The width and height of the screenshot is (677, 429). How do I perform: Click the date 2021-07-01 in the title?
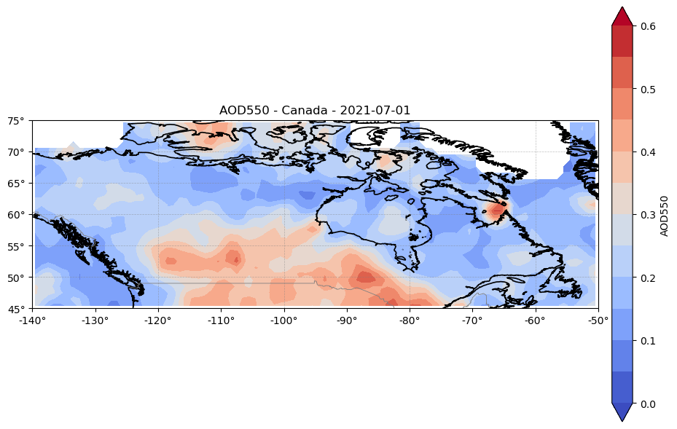[375, 111]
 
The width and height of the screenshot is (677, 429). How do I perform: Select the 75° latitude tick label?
[16, 121]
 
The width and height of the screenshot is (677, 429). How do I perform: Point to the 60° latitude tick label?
[16, 214]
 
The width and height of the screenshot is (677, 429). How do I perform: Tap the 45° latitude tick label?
[16, 309]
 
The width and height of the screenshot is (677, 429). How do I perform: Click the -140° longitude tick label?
[32, 320]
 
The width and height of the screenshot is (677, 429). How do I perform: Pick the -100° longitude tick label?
[284, 320]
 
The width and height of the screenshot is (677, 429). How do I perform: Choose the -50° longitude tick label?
[598, 320]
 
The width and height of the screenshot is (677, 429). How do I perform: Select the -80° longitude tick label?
[410, 320]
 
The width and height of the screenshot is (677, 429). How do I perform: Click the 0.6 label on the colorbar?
[648, 26]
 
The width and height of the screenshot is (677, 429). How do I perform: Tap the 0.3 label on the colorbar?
[648, 215]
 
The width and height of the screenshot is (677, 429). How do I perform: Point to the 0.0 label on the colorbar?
[648, 404]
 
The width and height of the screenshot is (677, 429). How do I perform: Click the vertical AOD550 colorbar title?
[664, 216]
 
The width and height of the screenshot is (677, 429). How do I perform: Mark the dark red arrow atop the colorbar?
[622, 17]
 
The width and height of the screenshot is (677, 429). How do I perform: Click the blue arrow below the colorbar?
[622, 412]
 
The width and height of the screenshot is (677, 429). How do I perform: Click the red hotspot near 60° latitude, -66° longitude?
[497, 210]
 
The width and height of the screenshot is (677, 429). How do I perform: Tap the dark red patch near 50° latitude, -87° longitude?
[366, 276]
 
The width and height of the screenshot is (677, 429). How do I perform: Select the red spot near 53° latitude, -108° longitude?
[234, 259]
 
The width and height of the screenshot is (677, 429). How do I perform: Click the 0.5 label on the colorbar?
[648, 90]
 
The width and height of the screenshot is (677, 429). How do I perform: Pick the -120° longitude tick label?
[158, 320]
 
